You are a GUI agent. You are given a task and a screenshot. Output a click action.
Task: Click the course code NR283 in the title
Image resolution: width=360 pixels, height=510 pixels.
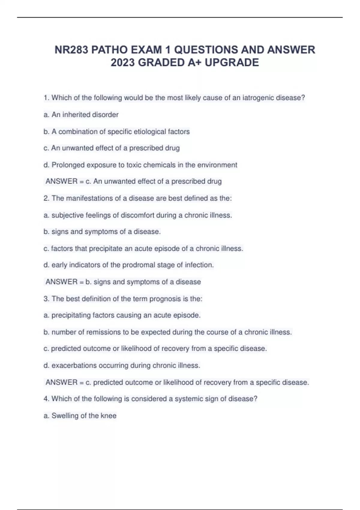click(x=71, y=50)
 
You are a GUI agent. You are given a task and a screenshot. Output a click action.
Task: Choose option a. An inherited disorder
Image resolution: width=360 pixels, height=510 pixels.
click(x=81, y=115)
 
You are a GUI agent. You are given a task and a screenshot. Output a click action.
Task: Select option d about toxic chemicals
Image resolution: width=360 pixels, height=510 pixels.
click(x=140, y=165)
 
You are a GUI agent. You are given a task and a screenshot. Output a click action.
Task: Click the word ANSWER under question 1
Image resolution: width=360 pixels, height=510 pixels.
click(x=61, y=181)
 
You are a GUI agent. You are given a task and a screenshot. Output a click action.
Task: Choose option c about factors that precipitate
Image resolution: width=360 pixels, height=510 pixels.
click(x=143, y=248)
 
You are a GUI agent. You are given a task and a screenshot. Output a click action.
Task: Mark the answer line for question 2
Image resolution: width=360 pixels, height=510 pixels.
click(x=123, y=282)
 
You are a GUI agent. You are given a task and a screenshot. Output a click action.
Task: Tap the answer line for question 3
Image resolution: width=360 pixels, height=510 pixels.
click(x=177, y=382)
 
